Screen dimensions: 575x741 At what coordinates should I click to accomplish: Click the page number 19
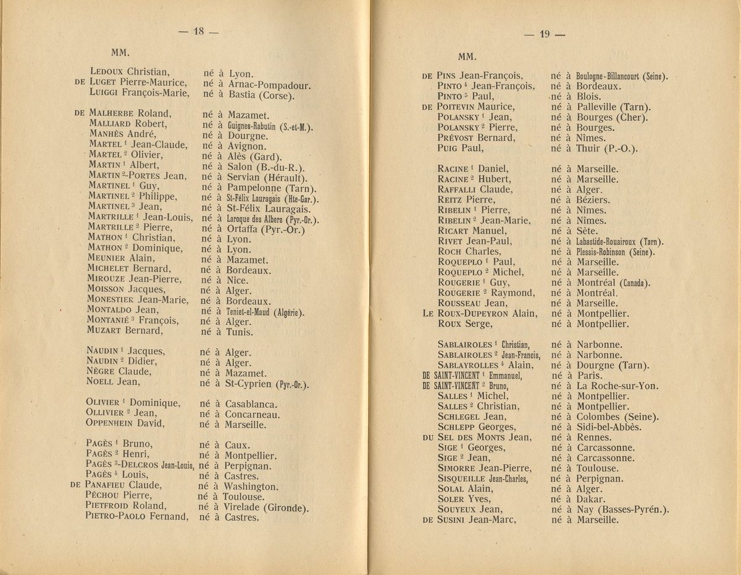point(544,35)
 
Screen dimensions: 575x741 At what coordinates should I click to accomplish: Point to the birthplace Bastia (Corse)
point(261,95)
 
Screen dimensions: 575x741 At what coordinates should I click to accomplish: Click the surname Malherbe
point(112,114)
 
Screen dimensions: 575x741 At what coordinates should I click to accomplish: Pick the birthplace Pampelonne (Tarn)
point(271,188)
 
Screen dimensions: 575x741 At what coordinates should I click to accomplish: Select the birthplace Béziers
point(593,199)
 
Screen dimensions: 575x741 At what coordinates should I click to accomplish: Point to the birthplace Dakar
point(590,498)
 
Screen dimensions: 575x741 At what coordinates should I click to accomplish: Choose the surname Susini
point(455,519)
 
